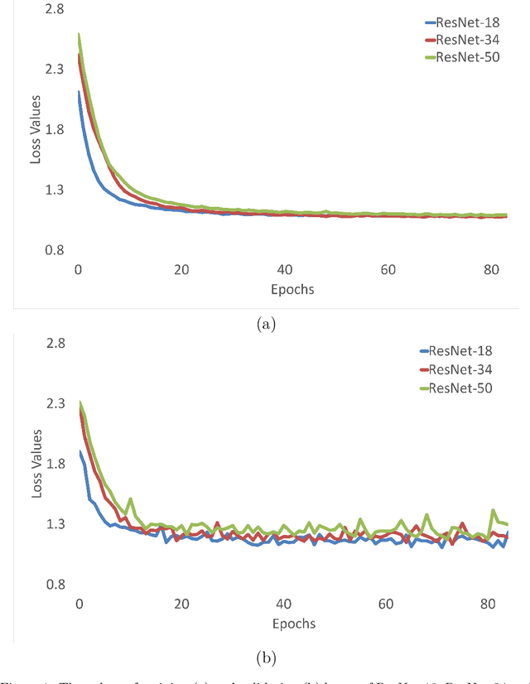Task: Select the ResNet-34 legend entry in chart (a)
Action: (x=465, y=41)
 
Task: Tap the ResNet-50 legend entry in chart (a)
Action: (x=465, y=57)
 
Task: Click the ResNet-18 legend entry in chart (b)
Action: (x=460, y=351)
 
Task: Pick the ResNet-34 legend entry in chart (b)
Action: (x=460, y=368)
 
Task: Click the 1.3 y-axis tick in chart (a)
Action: (x=55, y=190)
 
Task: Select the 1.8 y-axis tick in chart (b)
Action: (x=55, y=464)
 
